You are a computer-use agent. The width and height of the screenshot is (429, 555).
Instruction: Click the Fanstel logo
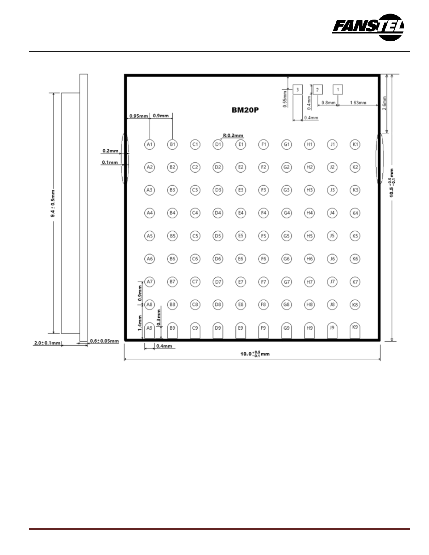tap(368, 27)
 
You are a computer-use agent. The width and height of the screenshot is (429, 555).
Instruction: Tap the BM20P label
tap(245, 110)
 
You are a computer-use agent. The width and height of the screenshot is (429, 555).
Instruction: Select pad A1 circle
tap(149, 144)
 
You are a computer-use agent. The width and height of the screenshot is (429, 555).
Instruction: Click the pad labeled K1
tap(355, 144)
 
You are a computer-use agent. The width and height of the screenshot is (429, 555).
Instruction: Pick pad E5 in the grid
tap(241, 236)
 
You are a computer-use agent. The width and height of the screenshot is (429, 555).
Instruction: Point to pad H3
tap(309, 190)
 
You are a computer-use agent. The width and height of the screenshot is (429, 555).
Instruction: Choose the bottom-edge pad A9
tap(149, 331)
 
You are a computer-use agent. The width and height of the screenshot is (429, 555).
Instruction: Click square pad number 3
tap(298, 90)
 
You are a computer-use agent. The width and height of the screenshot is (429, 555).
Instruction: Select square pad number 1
tap(338, 90)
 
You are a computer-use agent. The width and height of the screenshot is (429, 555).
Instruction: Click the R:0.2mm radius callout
tap(233, 136)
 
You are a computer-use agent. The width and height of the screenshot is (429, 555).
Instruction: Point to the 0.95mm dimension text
tap(139, 116)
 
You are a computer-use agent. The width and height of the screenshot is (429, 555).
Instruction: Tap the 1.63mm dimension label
tap(358, 103)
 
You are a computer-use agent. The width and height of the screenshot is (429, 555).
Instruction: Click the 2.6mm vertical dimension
tap(384, 103)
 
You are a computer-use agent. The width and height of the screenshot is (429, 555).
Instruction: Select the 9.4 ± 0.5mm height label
tap(53, 203)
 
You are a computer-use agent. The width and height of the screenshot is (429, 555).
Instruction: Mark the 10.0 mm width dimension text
tap(255, 354)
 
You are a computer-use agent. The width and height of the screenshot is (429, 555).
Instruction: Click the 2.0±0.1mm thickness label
tap(47, 343)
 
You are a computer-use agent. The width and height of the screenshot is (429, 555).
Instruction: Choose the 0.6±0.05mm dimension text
tap(104, 341)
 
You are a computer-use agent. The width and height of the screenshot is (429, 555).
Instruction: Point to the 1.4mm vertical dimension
tap(140, 323)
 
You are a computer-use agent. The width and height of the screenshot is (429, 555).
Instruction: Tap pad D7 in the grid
tap(218, 282)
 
